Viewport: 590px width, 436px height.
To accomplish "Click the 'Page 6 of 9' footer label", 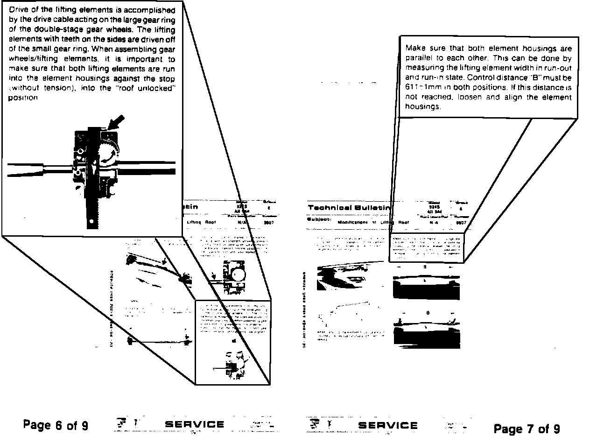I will [56, 425].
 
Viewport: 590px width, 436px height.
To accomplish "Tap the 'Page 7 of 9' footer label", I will [527, 429].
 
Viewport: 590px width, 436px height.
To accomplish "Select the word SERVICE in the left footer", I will [195, 425].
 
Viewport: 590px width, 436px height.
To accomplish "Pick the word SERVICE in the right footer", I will [388, 425].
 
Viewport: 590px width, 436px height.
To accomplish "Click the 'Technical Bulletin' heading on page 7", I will [349, 207].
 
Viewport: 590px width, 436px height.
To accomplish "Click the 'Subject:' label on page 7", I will [319, 219].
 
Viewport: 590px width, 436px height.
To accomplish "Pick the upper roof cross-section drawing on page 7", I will [426, 287].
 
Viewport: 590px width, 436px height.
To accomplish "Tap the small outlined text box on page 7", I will [426, 247].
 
